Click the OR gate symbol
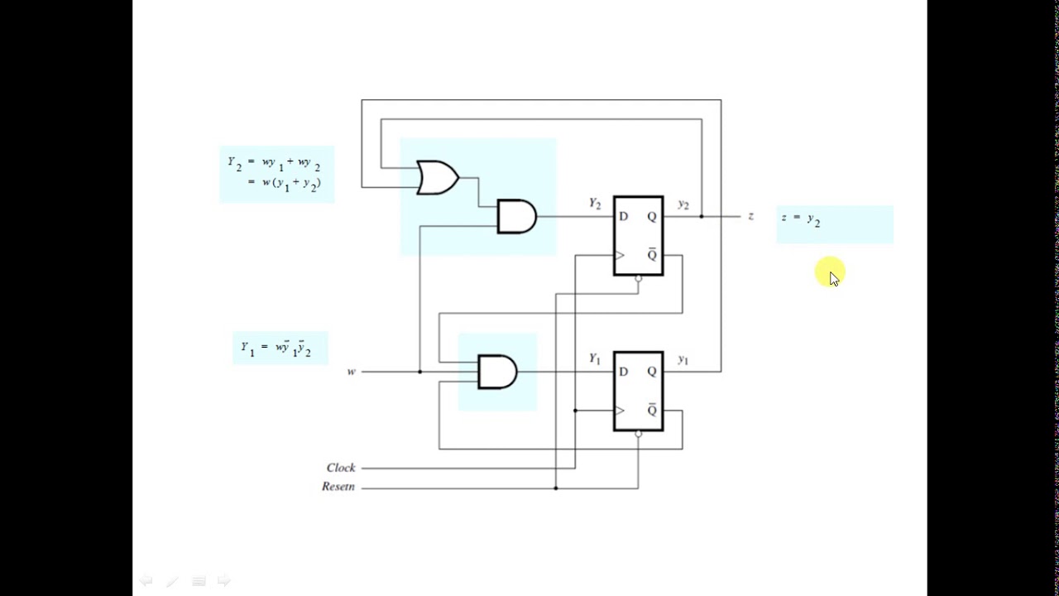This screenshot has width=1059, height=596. pos(438,178)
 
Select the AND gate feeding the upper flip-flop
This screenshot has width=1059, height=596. pos(516,217)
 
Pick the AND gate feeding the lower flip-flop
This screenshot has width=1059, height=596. pos(497,372)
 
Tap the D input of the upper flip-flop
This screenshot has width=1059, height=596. pos(623,217)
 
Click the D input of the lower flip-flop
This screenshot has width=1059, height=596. pos(623,372)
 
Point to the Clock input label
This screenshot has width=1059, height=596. pos(341,468)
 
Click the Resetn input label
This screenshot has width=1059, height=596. pos(338,487)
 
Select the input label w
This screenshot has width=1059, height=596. pos(351,372)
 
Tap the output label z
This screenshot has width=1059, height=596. pos(750,216)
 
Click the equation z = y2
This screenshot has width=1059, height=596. pos(801,219)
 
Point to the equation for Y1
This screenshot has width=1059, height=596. pos(276,348)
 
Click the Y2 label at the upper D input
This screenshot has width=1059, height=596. pos(595,204)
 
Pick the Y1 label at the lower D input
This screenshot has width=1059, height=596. pos(595,359)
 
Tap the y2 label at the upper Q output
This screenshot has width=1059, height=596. pos(683,204)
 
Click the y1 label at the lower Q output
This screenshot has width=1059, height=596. pos(683,360)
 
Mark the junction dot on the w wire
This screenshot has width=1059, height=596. pos(419,372)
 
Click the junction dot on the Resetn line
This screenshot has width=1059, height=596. pos(556,488)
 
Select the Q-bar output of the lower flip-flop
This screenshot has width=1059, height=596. pos(652,411)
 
